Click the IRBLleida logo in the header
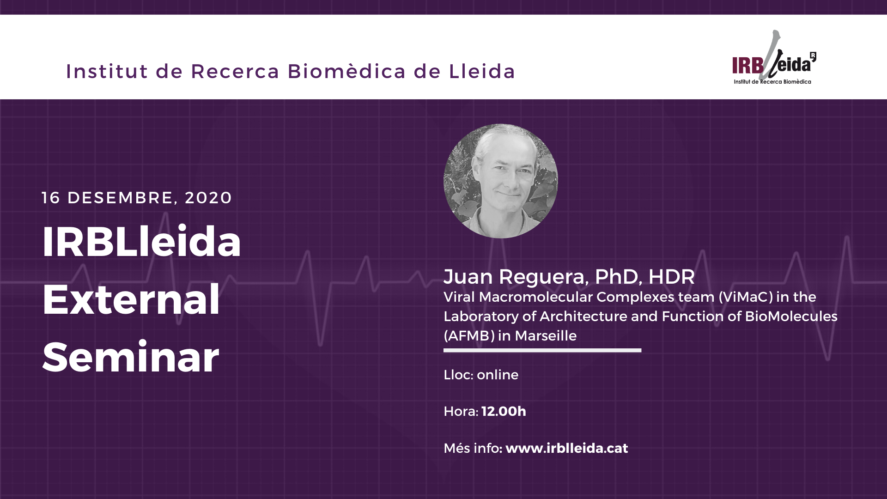click(x=774, y=58)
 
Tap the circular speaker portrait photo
click(x=501, y=181)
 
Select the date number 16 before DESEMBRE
click(x=51, y=198)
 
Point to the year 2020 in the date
click(x=208, y=198)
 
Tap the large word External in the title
click(x=131, y=299)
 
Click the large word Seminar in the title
click(x=131, y=357)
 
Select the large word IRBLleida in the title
click(x=142, y=241)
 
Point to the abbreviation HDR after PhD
click(x=672, y=277)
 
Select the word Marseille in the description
click(x=546, y=335)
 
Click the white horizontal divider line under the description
click(x=542, y=350)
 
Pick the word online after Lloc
click(x=498, y=375)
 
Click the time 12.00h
click(x=504, y=411)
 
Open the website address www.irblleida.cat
click(x=567, y=448)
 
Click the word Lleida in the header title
click(x=482, y=71)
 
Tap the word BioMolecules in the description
click(x=791, y=316)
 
